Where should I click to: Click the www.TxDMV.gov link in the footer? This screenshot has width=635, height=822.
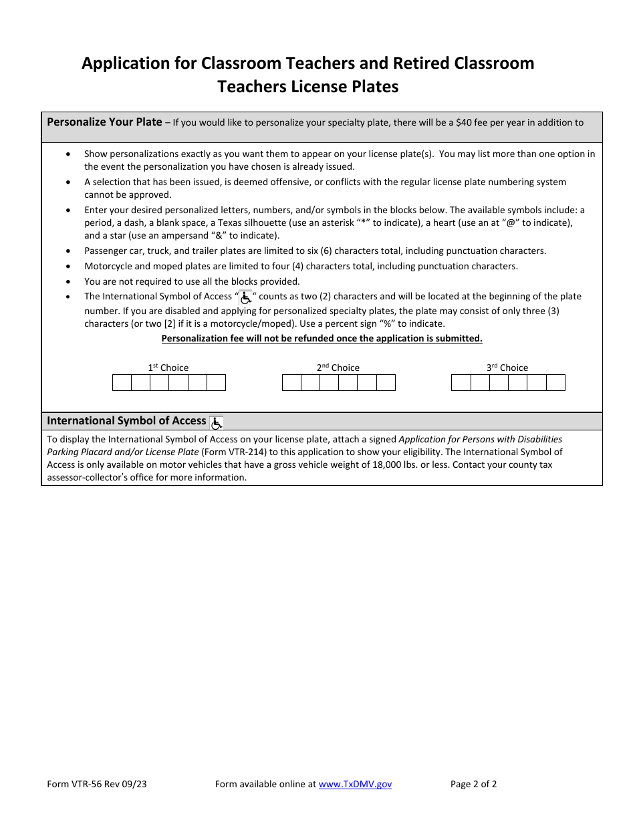(x=355, y=784)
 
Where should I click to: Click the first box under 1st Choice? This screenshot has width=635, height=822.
(x=122, y=383)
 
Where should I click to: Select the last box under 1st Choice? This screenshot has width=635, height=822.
(x=216, y=383)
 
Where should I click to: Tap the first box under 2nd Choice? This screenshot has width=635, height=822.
(x=291, y=383)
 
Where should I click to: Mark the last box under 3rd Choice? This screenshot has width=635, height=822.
(x=555, y=383)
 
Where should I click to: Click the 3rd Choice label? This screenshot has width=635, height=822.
(x=507, y=368)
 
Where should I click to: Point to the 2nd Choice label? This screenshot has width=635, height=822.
(x=338, y=368)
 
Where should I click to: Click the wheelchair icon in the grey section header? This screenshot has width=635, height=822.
(x=217, y=422)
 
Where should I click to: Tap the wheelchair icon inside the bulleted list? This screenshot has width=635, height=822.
(x=246, y=297)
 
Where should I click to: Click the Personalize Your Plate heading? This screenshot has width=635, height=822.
(x=104, y=122)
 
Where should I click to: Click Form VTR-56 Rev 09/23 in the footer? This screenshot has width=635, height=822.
(x=97, y=784)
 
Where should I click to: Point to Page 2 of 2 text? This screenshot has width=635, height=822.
(x=473, y=784)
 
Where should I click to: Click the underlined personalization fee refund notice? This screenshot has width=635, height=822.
(x=322, y=338)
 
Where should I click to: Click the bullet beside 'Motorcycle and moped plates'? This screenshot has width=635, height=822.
(x=70, y=267)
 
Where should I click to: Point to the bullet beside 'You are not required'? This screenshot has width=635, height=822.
(x=70, y=282)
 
